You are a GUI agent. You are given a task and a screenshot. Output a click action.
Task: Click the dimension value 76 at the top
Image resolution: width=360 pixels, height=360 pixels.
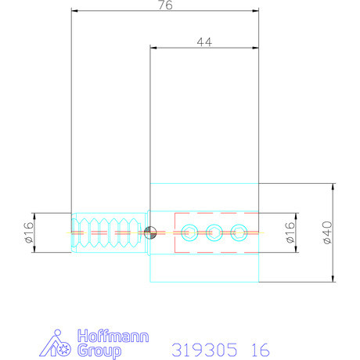(165, 5)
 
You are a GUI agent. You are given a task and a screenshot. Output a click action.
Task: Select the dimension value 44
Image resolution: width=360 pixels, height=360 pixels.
(204, 42)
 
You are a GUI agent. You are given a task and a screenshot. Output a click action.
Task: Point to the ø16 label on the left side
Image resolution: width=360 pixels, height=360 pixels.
(27, 232)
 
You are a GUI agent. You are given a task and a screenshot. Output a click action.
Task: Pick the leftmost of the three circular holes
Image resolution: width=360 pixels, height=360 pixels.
(189, 232)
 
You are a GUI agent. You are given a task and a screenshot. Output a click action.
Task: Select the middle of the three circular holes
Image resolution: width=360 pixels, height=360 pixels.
(214, 232)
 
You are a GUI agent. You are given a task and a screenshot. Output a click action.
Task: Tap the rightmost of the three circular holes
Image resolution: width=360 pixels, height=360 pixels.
(239, 232)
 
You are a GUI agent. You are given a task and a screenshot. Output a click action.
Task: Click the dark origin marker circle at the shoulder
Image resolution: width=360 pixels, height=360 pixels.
(151, 232)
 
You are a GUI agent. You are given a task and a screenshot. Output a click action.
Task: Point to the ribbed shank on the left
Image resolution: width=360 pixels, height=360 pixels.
(110, 232)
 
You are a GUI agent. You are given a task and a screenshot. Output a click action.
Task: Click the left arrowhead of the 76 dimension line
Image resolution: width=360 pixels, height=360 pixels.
(74, 11)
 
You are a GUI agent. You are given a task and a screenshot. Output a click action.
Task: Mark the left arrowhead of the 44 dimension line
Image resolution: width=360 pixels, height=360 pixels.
(153, 48)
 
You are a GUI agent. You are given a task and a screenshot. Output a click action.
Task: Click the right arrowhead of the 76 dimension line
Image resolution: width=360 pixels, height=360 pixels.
(256, 11)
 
